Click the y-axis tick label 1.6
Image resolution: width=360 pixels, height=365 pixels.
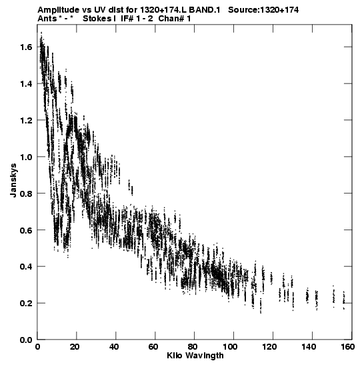[x=26, y=47]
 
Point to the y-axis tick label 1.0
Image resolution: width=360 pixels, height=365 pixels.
[x=26, y=157]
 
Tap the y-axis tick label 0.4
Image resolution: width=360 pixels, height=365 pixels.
[x=26, y=267]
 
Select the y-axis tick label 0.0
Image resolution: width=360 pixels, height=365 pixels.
[x=26, y=340]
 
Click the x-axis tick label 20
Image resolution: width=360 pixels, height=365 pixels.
[x=75, y=347]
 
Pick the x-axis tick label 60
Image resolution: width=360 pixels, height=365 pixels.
[x=153, y=347]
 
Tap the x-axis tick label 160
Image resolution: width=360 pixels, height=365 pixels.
[x=347, y=347]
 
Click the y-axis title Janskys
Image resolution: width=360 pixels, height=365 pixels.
[x=13, y=180]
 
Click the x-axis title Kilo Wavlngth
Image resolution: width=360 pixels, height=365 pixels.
[x=195, y=356]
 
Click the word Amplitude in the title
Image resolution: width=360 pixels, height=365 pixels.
[x=58, y=10]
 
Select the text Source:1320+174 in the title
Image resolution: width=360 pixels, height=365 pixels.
[x=263, y=10]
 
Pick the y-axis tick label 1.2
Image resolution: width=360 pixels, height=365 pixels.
[x=26, y=121]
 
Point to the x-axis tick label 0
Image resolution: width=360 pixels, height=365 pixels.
[x=38, y=347]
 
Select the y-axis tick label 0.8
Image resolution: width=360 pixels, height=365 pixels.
[x=26, y=194]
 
